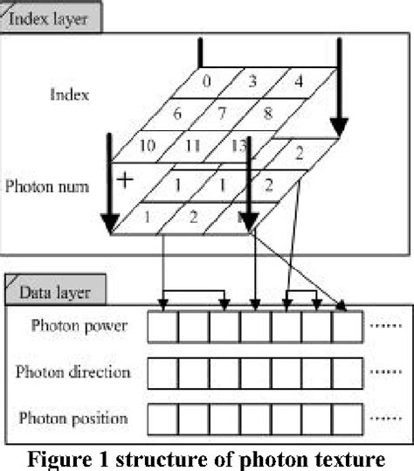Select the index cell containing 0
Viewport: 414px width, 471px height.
tap(206, 81)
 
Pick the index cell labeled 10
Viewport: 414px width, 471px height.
tap(148, 145)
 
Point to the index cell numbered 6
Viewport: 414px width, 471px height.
tap(177, 114)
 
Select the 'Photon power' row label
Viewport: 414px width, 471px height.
tap(79, 327)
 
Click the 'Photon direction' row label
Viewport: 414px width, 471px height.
tap(73, 372)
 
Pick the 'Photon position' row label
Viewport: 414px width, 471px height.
tap(75, 418)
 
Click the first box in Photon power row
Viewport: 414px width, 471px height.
tap(162, 329)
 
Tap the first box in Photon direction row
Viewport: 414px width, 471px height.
tap(162, 373)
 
